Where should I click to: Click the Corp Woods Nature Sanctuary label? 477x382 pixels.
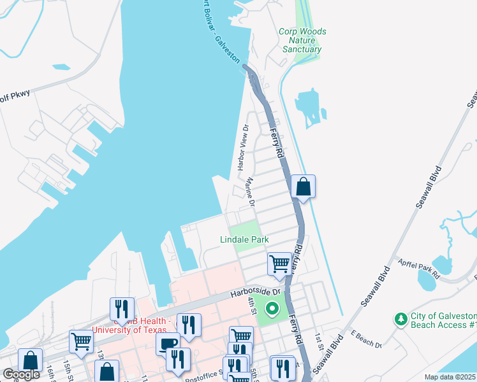tap(302, 40)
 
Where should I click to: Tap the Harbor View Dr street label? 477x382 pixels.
tap(242, 147)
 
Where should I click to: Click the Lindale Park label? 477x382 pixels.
tap(244, 239)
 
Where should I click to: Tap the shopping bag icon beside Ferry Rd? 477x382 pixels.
tap(304, 187)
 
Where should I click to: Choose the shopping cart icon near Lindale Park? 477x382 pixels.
tap(280, 264)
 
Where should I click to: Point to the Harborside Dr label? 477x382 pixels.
tap(255, 293)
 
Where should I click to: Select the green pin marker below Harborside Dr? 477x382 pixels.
tap(272, 310)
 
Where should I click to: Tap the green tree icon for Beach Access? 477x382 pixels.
tap(400, 318)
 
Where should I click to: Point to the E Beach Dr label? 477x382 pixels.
tap(365, 341)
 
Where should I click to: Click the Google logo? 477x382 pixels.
tap(22, 374)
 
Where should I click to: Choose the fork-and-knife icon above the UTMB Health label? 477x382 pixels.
tap(122, 309)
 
